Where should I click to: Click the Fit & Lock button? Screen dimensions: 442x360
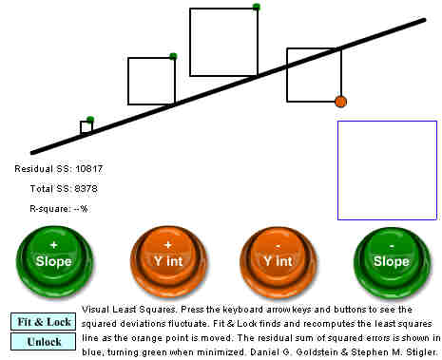45,322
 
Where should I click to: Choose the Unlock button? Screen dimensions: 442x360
45,341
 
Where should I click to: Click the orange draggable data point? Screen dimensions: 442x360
341,102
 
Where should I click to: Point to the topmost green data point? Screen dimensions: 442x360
257,8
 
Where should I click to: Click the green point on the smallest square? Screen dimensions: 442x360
89,120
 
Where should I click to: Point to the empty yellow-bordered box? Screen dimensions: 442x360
387,170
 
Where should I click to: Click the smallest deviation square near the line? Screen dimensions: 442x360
86,127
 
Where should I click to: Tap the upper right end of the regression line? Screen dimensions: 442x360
423,19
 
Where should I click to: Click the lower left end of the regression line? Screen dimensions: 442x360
33,151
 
